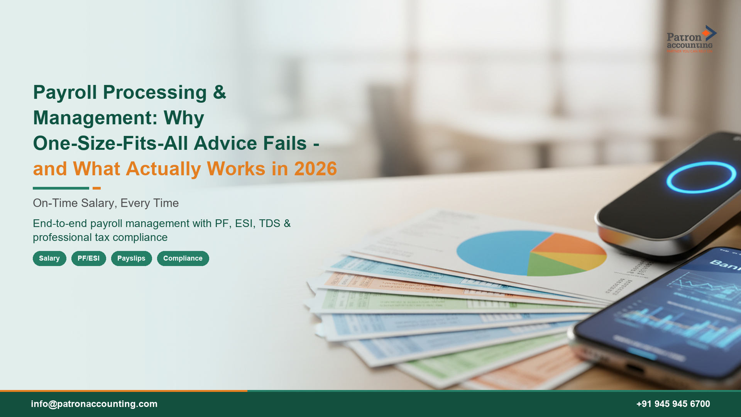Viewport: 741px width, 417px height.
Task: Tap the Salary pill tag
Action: (x=49, y=258)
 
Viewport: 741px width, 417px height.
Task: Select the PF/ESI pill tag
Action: (x=88, y=258)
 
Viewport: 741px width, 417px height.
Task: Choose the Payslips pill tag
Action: (x=131, y=258)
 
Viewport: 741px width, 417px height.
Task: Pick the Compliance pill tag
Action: (x=183, y=258)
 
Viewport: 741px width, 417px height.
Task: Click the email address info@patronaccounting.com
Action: (x=94, y=404)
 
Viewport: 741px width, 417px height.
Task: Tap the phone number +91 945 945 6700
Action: (x=673, y=404)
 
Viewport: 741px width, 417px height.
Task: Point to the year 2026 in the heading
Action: (x=315, y=169)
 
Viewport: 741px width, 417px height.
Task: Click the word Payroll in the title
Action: (x=65, y=93)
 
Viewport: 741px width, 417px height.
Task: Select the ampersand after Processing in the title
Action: (x=219, y=93)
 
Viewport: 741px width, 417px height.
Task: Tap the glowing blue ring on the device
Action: (x=701, y=177)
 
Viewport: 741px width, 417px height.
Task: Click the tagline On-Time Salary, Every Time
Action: (x=106, y=203)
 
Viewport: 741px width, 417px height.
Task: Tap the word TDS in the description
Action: (x=269, y=224)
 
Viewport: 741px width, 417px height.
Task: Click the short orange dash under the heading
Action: (x=96, y=188)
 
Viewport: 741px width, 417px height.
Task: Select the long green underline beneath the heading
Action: (x=61, y=188)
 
